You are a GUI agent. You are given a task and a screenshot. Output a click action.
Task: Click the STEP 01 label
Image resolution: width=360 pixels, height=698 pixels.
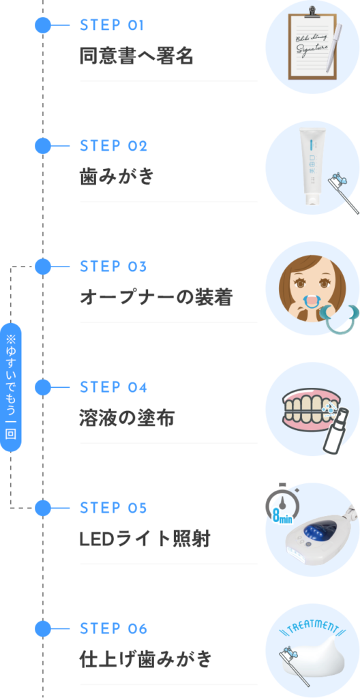pyautogui.click(x=112, y=26)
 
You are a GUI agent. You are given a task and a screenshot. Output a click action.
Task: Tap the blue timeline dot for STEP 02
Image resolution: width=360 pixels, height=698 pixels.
pyautogui.click(x=43, y=146)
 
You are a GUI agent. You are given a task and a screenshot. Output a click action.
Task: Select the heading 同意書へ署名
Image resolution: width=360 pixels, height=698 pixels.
pyautogui.click(x=136, y=56)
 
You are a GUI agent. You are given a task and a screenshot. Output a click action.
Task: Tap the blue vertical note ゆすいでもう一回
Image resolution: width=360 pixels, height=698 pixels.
pyautogui.click(x=11, y=386)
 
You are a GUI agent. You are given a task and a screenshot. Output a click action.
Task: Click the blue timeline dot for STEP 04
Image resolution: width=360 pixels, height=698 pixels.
pyautogui.click(x=43, y=387)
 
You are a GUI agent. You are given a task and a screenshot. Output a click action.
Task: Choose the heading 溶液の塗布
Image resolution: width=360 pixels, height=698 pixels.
pyautogui.click(x=127, y=418)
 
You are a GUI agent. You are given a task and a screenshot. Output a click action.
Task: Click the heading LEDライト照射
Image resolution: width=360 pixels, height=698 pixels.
pyautogui.click(x=145, y=538)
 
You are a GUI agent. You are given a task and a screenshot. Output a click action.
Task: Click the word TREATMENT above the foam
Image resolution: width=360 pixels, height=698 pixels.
pyautogui.click(x=312, y=626)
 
